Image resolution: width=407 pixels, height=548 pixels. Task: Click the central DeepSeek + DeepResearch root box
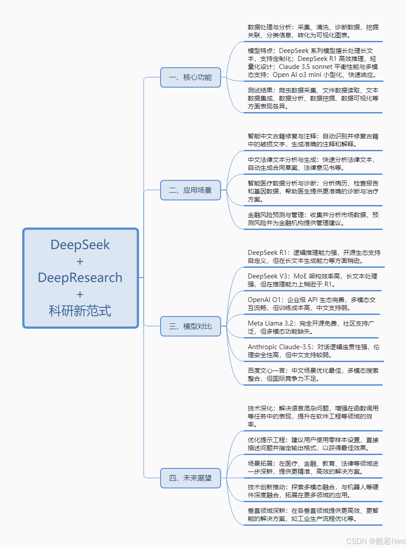pyautogui.click(x=81, y=278)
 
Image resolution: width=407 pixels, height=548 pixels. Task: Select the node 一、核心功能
pyautogui.click(x=190, y=77)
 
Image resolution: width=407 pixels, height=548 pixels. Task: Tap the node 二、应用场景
pyautogui.click(x=190, y=191)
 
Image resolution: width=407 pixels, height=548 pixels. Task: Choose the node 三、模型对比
pyautogui.click(x=190, y=326)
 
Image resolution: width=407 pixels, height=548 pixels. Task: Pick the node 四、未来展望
pyautogui.click(x=190, y=479)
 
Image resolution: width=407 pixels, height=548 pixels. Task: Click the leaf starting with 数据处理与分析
pyautogui.click(x=313, y=31)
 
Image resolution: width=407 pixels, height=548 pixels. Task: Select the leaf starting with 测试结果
pyautogui.click(x=313, y=98)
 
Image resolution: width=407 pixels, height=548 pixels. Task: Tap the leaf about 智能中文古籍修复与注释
pyautogui.click(x=313, y=140)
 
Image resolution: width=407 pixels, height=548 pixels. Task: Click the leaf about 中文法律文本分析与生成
pyautogui.click(x=313, y=164)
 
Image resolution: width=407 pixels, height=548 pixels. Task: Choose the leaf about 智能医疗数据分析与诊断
pyautogui.click(x=313, y=191)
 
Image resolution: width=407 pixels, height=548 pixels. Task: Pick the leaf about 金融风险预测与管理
pyautogui.click(x=313, y=219)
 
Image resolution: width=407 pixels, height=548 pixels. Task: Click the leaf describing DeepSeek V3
pyautogui.click(x=313, y=280)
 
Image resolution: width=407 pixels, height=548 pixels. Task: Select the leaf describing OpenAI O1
pyautogui.click(x=313, y=304)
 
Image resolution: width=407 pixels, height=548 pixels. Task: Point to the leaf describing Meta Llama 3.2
pyautogui.click(x=313, y=327)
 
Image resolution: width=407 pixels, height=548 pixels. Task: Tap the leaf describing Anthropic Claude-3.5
pyautogui.click(x=313, y=351)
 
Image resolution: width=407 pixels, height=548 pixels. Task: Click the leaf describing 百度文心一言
pyautogui.click(x=313, y=375)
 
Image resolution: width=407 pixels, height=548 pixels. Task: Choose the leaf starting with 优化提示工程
pyautogui.click(x=313, y=444)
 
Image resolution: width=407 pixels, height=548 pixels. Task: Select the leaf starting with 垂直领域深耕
pyautogui.click(x=313, y=515)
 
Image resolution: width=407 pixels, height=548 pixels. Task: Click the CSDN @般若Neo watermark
pyautogui.click(x=376, y=541)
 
